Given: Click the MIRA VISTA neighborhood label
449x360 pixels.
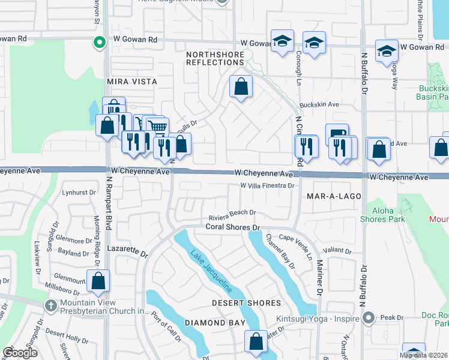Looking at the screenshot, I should pos(131,81).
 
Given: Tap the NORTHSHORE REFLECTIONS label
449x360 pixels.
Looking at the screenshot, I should pos(215,58).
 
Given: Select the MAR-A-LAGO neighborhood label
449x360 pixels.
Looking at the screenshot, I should pos(333,196).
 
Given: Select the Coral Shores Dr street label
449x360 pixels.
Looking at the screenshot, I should pos(232,227).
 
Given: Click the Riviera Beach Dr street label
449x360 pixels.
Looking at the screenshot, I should pos(232,212).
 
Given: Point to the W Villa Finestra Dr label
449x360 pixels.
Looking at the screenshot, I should pos(267,186).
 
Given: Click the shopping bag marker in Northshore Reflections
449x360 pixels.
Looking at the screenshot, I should pos(241,87).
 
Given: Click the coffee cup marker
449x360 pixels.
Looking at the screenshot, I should pos(337,134).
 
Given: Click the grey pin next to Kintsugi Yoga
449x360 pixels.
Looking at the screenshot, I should pos(370,317).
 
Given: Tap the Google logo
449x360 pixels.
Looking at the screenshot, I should pos(20,353).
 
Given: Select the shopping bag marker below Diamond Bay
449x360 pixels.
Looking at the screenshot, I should pos(256,341).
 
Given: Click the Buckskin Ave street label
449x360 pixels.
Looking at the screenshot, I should pos(319,104).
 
